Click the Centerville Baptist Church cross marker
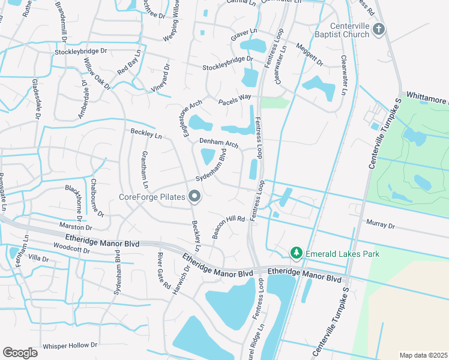click(379, 29)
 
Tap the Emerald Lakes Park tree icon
click(295, 254)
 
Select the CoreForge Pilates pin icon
click(194, 196)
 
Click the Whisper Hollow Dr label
click(70, 346)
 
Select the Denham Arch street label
click(219, 143)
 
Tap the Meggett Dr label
click(310, 54)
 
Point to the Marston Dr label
click(76, 227)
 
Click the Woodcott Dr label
click(71, 248)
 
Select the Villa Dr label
click(38, 257)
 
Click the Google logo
click(20, 352)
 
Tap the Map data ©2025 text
click(423, 355)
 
